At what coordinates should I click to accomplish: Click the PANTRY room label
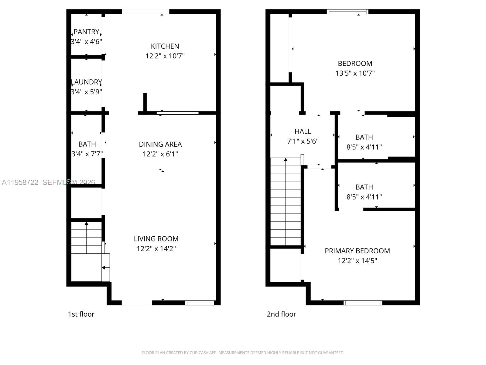pyautogui.click(x=86, y=32)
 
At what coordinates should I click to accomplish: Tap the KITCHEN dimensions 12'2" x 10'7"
pyautogui.click(x=165, y=56)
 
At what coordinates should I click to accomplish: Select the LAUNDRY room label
pyautogui.click(x=86, y=82)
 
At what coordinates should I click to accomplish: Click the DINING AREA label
pyautogui.click(x=160, y=144)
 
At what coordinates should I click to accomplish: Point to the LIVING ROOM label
pyautogui.click(x=156, y=239)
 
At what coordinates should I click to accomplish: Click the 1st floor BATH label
pyautogui.click(x=87, y=144)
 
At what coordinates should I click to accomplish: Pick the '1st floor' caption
pyautogui.click(x=81, y=314)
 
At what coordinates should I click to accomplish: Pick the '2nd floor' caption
pyautogui.click(x=281, y=314)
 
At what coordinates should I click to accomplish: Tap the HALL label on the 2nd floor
pyautogui.click(x=303, y=131)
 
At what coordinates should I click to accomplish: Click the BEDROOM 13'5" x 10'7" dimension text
pyautogui.click(x=355, y=73)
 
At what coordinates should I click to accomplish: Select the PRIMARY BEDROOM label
pyautogui.click(x=357, y=251)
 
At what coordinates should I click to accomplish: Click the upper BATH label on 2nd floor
pyautogui.click(x=364, y=137)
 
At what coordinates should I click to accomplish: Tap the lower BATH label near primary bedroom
pyautogui.click(x=364, y=187)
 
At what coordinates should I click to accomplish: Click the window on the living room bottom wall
pyautogui.click(x=200, y=303)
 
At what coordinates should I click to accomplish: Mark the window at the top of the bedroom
pyautogui.click(x=347, y=12)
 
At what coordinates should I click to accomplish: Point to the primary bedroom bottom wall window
pyautogui.click(x=363, y=303)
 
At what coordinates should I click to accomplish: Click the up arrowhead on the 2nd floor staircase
pyautogui.click(x=286, y=159)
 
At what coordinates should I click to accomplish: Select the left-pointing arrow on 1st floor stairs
pyautogui.click(x=104, y=268)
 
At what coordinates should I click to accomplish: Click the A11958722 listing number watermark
pyautogui.click(x=20, y=182)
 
